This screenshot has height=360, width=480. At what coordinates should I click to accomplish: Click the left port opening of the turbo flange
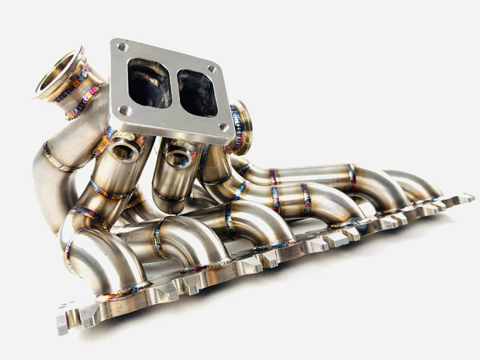click(x=149, y=83)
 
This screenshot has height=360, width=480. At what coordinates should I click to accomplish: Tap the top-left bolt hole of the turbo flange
click(x=122, y=46)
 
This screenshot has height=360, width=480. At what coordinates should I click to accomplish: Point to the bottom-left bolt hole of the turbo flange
click(x=124, y=110)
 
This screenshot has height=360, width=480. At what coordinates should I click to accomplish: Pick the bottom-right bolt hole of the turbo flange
click(x=223, y=127)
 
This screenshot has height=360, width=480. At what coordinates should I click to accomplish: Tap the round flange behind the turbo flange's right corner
click(x=242, y=127)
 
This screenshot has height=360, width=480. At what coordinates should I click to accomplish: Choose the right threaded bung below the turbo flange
click(x=178, y=158)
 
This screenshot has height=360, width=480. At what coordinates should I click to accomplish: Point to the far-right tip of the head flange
click(x=472, y=197)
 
